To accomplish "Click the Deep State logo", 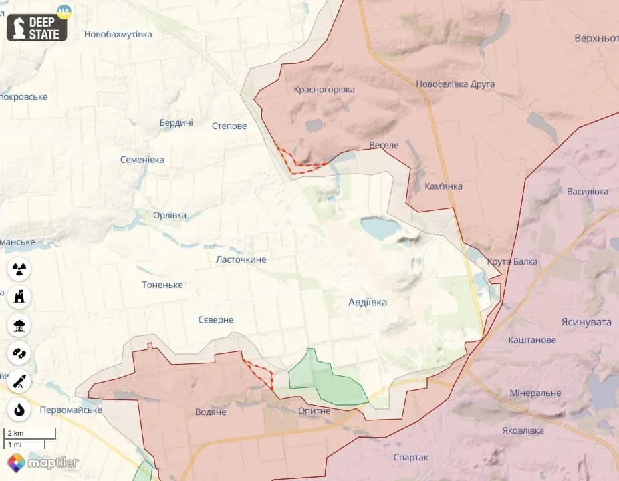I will [37, 25].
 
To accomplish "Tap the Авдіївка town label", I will [367, 302].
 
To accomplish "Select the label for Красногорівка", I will [324, 89].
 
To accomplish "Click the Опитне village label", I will [314, 410].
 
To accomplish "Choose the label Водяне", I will [211, 412].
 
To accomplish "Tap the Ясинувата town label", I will [586, 321].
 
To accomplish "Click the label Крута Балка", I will [512, 261].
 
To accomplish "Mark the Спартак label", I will [410, 457].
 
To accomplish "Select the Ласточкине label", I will [241, 259].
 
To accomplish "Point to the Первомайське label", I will [71, 409].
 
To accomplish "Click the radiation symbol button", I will [20, 269].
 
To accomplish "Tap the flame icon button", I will [20, 409].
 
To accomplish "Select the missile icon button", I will [20, 381].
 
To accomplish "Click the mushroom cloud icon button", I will [20, 325].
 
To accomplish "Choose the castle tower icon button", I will [20, 297].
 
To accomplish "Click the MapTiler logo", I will [43, 462].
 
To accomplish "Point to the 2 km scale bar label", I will [15, 434].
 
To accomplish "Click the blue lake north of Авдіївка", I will [380, 228].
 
